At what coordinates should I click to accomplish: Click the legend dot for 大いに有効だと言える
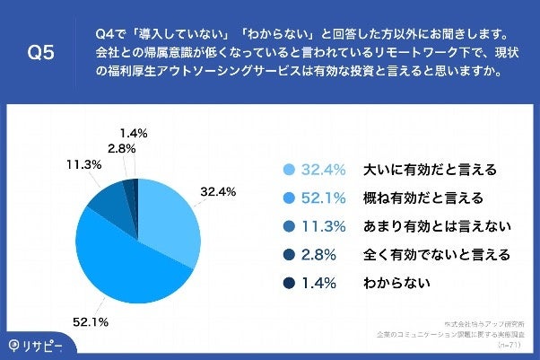click(289, 169)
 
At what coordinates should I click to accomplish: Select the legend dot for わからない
click(289, 283)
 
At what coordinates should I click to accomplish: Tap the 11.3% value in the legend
click(324, 225)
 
